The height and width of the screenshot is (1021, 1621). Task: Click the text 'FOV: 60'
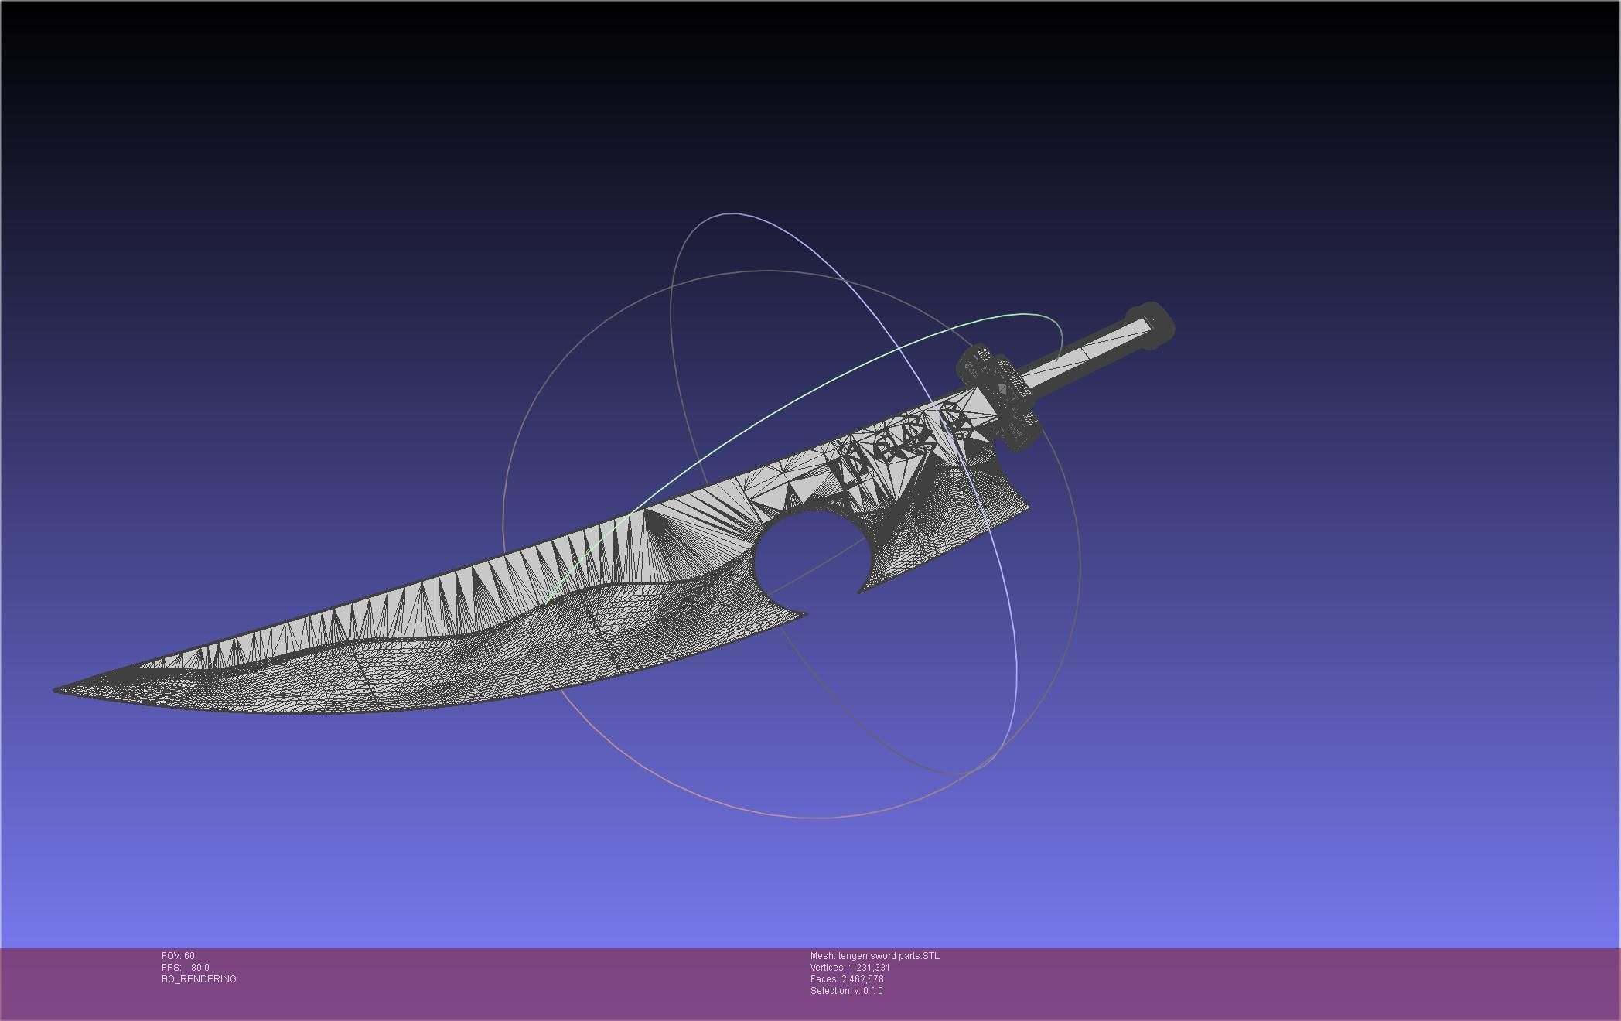point(178,956)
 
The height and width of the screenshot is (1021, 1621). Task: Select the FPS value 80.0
point(200,968)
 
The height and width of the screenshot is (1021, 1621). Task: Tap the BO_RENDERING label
point(199,979)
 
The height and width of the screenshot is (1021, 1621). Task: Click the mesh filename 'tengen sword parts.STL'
point(889,956)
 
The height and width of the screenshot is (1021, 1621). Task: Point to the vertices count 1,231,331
point(869,968)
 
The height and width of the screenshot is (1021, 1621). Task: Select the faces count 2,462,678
point(862,979)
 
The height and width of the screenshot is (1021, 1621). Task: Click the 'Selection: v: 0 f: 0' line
point(846,991)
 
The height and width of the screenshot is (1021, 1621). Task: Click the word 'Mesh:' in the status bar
point(823,956)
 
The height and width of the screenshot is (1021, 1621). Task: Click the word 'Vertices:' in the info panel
point(828,968)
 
